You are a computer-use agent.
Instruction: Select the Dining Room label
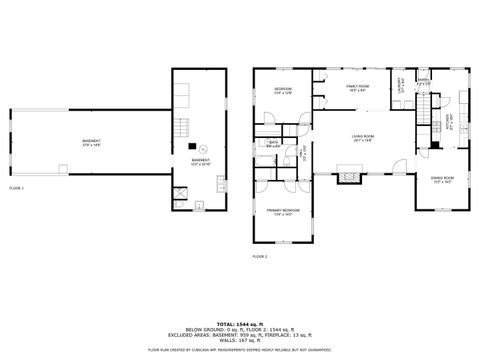(443, 181)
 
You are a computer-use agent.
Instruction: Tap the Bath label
(272, 143)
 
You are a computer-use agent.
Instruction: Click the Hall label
(304, 152)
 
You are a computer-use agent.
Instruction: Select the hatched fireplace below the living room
(349, 177)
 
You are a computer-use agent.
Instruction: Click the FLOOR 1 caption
(17, 188)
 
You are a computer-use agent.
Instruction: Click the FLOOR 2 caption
(259, 257)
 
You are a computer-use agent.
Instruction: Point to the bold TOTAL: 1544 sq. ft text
(240, 324)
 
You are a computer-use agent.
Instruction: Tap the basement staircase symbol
(182, 128)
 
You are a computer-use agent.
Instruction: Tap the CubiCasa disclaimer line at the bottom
(240, 350)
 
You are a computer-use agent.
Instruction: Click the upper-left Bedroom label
(283, 91)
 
